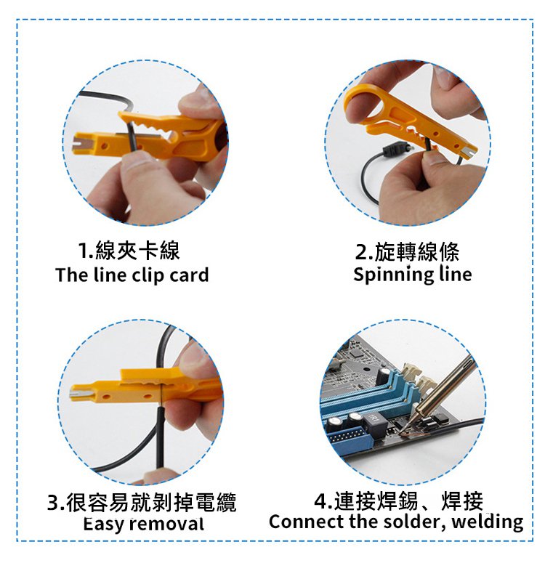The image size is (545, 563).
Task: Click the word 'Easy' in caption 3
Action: (x=104, y=524)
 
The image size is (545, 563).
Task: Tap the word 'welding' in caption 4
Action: (x=488, y=522)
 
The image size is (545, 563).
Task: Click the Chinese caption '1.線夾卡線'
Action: (x=129, y=250)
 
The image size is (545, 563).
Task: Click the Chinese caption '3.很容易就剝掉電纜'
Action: (x=142, y=501)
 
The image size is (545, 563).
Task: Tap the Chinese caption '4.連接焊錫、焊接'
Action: (x=398, y=501)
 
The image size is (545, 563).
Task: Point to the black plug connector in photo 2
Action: (x=396, y=150)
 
